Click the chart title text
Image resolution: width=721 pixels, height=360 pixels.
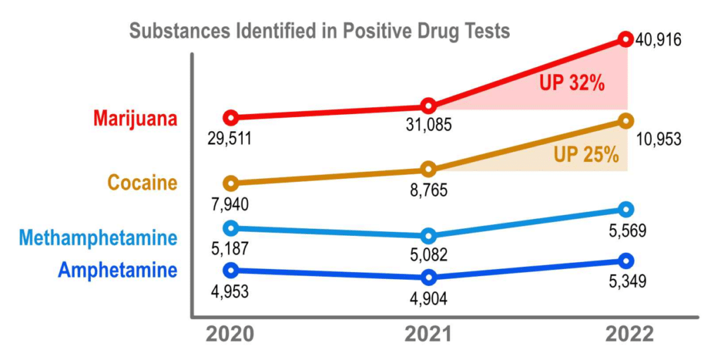click(x=319, y=32)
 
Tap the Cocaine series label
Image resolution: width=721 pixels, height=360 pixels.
click(x=142, y=183)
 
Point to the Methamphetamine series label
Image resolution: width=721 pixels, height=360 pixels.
click(x=98, y=238)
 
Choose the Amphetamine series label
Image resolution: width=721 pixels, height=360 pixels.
click(x=118, y=270)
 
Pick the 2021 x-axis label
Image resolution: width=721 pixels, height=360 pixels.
click(x=428, y=334)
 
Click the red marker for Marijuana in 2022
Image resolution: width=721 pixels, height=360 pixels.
click(x=625, y=39)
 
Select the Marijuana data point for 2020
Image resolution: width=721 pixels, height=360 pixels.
click(x=230, y=117)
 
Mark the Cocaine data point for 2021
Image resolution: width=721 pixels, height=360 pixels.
click(x=428, y=169)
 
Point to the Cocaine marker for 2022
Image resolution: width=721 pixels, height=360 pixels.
click(x=626, y=121)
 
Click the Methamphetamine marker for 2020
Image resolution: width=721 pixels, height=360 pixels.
click(x=230, y=228)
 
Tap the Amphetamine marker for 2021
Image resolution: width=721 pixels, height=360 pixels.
click(x=428, y=277)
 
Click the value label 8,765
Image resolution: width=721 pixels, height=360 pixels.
click(x=428, y=190)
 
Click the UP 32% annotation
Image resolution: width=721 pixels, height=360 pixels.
click(x=572, y=83)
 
